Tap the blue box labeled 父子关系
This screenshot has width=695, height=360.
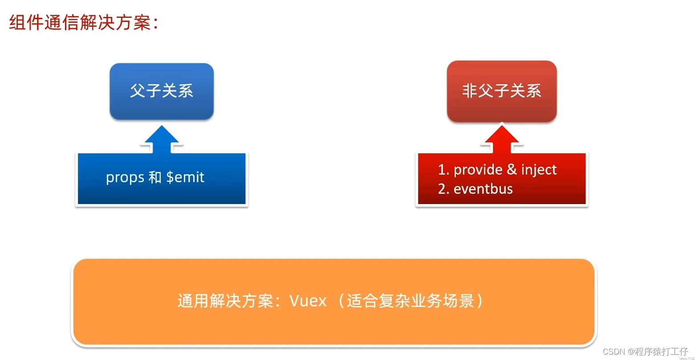[162, 91]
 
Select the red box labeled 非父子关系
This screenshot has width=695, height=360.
[502, 91]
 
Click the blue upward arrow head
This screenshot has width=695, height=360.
[162, 136]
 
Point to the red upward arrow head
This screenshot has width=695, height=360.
[502, 136]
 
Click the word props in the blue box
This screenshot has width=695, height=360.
[125, 178]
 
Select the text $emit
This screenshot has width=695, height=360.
[185, 178]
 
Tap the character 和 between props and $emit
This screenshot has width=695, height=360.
[155, 178]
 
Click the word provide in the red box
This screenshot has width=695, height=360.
[478, 170]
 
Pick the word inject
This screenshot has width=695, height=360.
[539, 170]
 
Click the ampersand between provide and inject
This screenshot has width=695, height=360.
[512, 170]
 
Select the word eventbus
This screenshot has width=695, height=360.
[483, 189]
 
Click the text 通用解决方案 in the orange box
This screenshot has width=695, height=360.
[225, 301]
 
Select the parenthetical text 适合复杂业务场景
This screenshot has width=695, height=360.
[410, 301]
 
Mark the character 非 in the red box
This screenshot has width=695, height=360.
[470, 91]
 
